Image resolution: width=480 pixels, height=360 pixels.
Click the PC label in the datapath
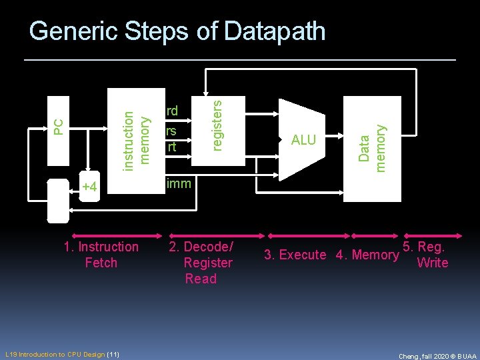58,124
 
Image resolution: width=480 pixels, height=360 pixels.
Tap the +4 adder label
89,187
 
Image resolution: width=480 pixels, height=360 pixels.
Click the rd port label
172,110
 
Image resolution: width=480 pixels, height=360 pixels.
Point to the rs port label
171,131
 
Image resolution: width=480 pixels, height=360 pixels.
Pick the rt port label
171,145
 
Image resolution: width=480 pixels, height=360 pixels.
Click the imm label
178,183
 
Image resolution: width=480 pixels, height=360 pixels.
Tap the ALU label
303,140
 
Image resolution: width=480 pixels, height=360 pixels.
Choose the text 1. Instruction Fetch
101,255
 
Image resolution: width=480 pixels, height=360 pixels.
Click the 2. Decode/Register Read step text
201,263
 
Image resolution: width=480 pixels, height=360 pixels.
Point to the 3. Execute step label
295,255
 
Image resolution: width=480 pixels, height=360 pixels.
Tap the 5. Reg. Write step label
431,255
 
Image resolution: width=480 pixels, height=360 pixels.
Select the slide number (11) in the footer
113,354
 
